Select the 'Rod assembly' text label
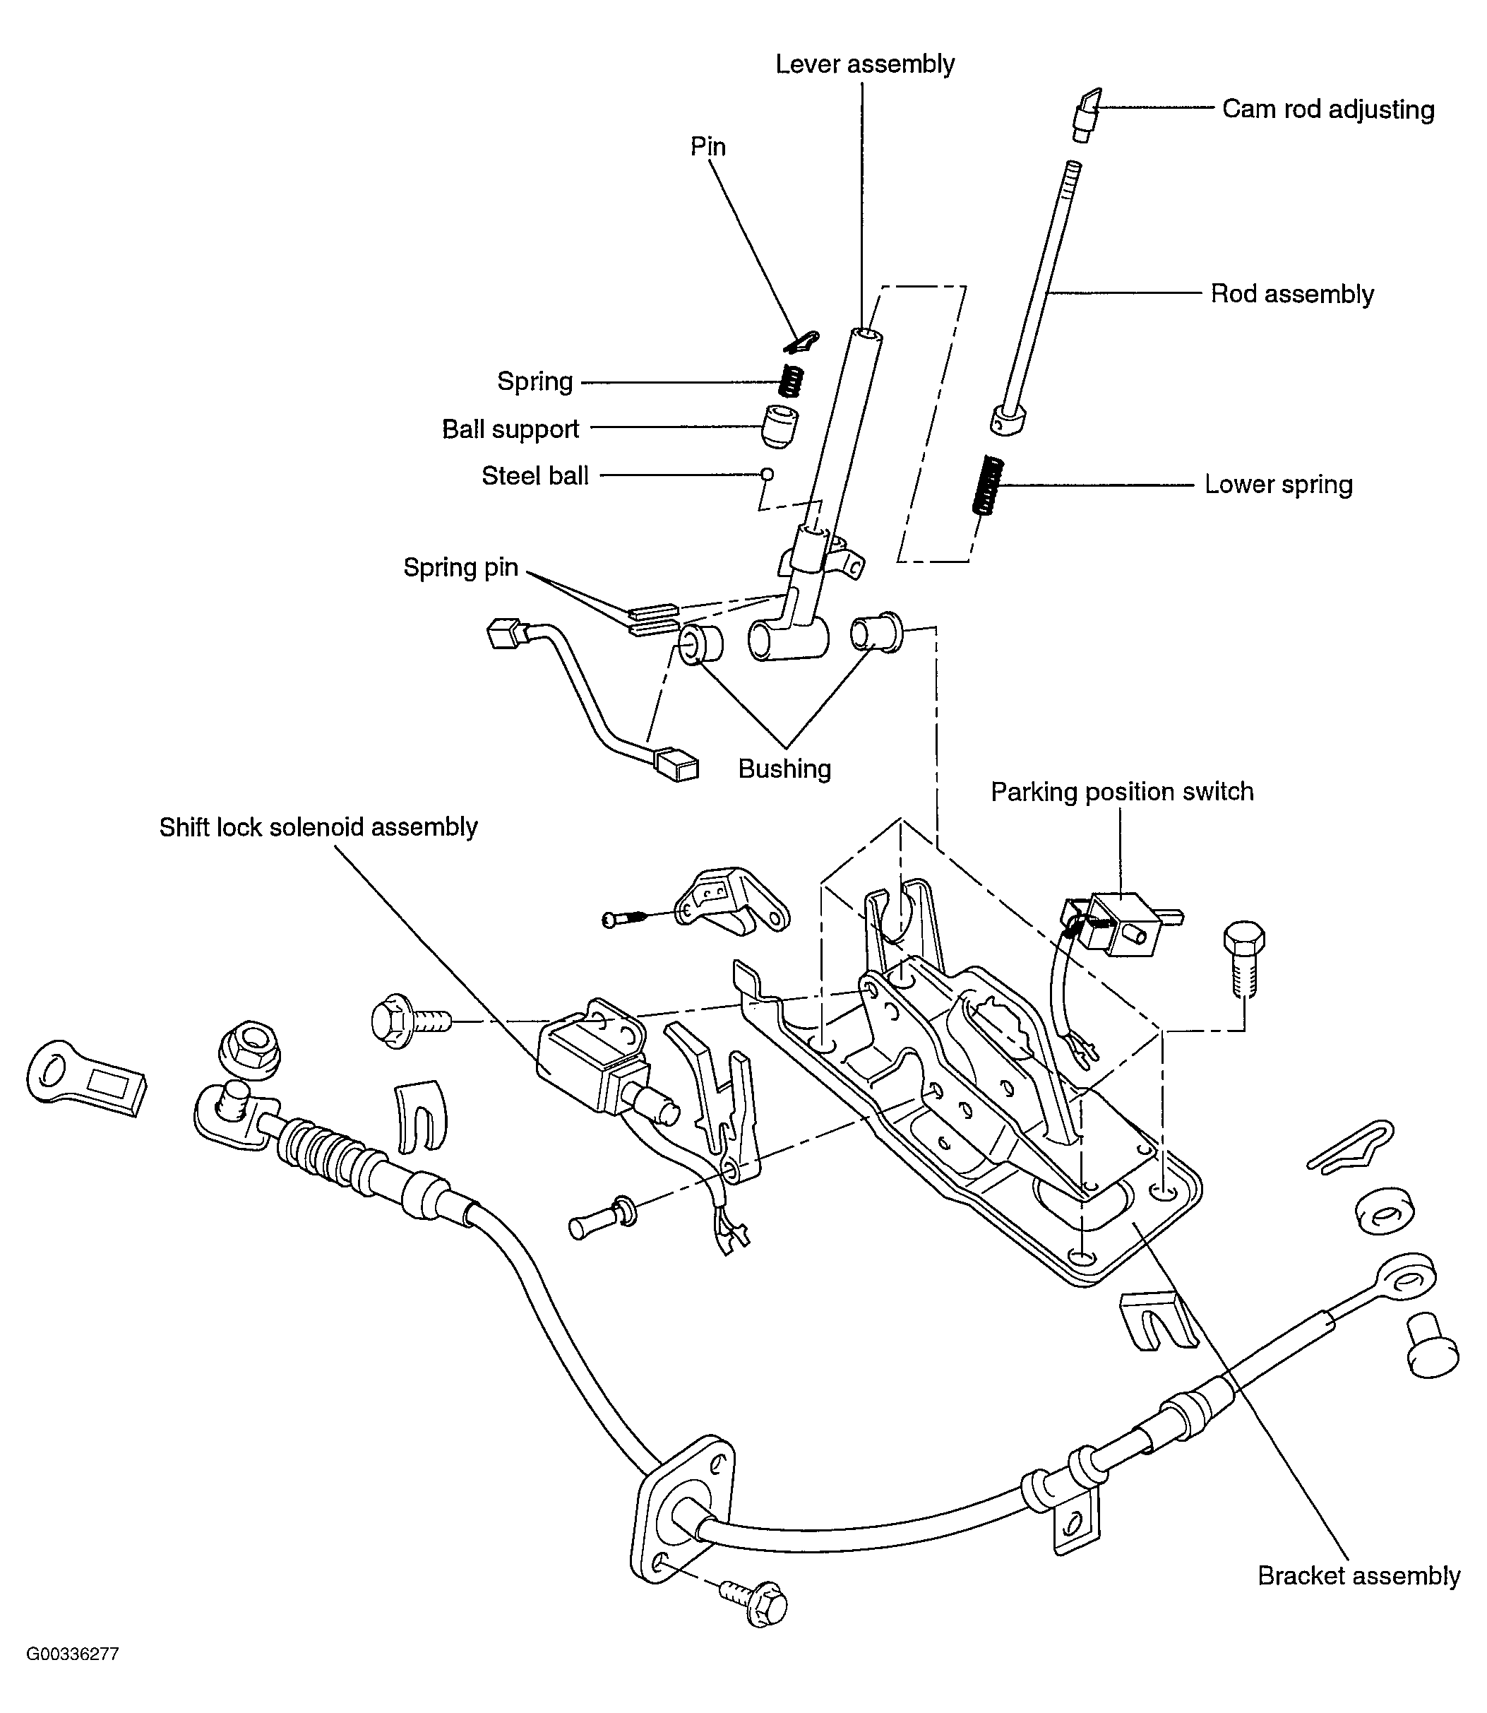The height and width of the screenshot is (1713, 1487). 1292,294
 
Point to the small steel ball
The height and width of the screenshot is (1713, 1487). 768,475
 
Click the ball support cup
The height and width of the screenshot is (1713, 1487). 780,427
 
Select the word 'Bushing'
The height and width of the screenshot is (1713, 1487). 784,769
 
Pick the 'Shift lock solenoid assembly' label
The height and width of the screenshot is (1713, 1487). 318,826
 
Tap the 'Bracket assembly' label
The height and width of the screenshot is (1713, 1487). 1358,1575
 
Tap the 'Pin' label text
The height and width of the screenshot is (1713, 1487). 707,147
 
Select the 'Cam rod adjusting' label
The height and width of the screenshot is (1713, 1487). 1327,109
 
